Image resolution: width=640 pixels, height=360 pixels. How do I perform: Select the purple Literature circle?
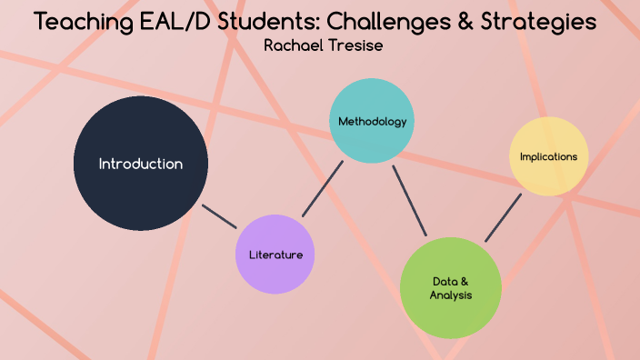click(275, 255)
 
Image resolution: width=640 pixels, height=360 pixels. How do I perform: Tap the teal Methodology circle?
click(372, 121)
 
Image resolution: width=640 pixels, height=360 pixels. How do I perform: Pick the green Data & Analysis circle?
click(450, 287)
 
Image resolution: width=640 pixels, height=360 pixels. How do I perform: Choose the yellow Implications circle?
click(548, 156)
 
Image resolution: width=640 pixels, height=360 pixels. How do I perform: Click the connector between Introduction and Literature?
click(219, 216)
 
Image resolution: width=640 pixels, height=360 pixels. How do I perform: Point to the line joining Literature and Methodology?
click(323, 189)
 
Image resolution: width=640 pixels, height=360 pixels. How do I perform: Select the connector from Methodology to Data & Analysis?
click(410, 200)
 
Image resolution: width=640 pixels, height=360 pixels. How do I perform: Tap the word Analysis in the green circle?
click(451, 295)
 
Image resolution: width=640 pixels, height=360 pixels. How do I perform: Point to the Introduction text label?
click(141, 165)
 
